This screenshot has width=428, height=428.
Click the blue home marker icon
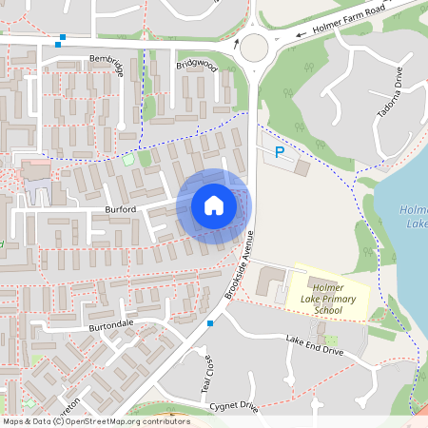[x=213, y=205]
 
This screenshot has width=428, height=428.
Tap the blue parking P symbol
[x=279, y=152]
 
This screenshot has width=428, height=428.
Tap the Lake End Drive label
[x=314, y=346]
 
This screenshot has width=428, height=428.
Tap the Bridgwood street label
[x=196, y=66]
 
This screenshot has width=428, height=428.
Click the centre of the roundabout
[x=254, y=46]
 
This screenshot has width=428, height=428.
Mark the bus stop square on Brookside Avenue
[x=210, y=323]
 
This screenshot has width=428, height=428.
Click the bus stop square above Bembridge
[x=62, y=40]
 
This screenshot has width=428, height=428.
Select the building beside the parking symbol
[x=302, y=167]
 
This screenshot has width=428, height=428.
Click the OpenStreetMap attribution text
[x=95, y=421]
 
